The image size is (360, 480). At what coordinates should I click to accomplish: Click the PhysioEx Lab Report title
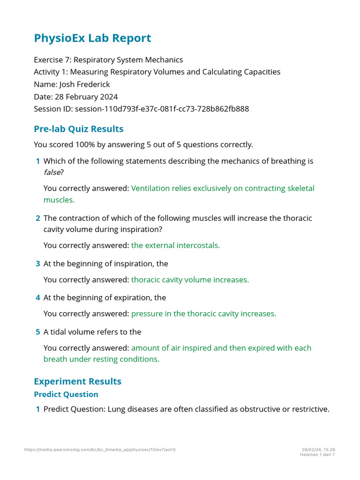(x=92, y=38)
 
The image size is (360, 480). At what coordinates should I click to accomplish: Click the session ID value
(x=162, y=109)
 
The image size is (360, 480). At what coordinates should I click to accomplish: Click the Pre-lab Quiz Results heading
(x=79, y=129)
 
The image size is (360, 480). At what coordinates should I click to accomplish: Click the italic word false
(x=52, y=172)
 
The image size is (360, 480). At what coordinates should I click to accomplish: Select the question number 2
(x=37, y=218)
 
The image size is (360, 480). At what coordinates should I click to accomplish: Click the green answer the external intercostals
(x=175, y=245)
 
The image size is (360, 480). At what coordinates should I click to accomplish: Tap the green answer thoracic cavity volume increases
(x=190, y=279)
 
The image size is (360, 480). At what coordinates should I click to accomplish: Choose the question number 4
(x=37, y=298)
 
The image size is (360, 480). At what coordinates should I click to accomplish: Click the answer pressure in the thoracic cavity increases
(x=203, y=314)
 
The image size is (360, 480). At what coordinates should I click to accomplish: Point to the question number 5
(x=37, y=332)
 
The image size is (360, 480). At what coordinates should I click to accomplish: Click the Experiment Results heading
(x=77, y=381)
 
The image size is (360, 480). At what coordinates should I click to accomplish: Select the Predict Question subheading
(x=66, y=394)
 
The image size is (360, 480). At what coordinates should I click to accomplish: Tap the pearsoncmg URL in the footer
(x=100, y=450)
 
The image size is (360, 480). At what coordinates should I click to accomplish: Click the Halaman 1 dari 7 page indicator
(x=317, y=454)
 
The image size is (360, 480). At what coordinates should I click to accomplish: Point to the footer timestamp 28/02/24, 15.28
(x=318, y=450)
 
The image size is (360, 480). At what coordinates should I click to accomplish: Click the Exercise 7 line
(x=108, y=60)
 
